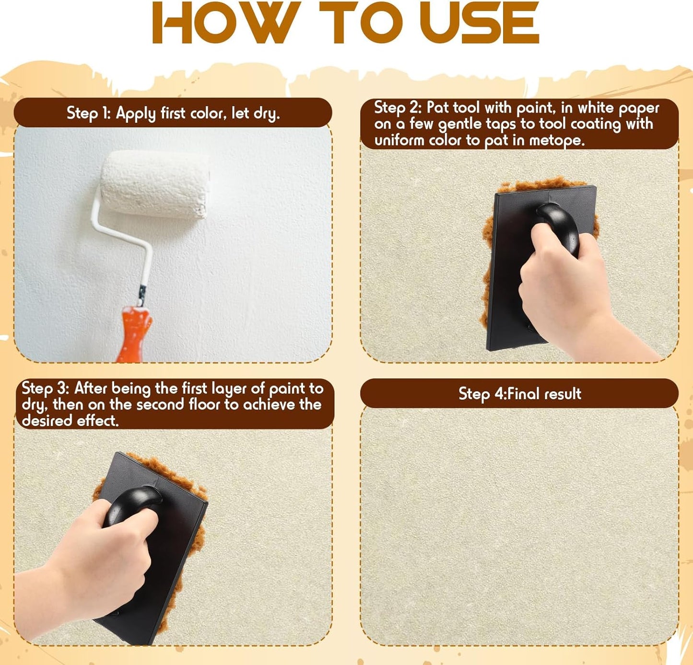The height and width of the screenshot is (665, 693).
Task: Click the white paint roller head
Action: coord(154,184)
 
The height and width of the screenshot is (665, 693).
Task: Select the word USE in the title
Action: coord(479,23)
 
